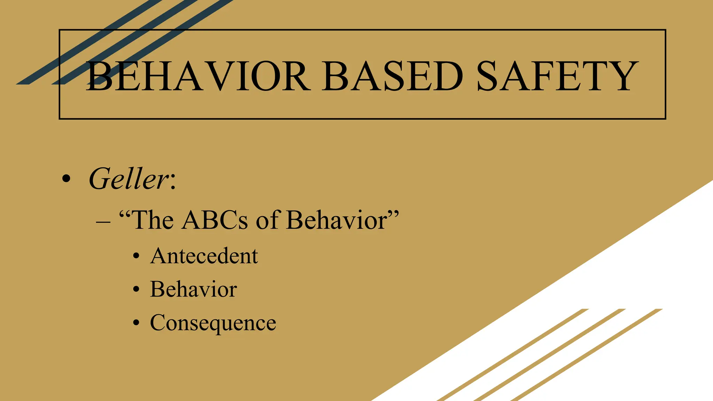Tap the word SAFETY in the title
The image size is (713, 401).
tap(557, 77)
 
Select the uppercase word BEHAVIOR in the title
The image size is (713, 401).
tap(198, 77)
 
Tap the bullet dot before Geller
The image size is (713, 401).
tap(66, 180)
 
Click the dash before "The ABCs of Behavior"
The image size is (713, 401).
tap(103, 222)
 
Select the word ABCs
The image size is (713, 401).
tap(215, 220)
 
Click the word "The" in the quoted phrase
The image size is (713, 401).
tap(152, 220)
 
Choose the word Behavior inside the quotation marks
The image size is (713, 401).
tap(336, 220)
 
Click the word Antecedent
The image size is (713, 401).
tap(204, 256)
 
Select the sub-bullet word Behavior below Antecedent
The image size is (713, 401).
tap(194, 289)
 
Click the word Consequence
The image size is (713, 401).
tap(213, 323)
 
